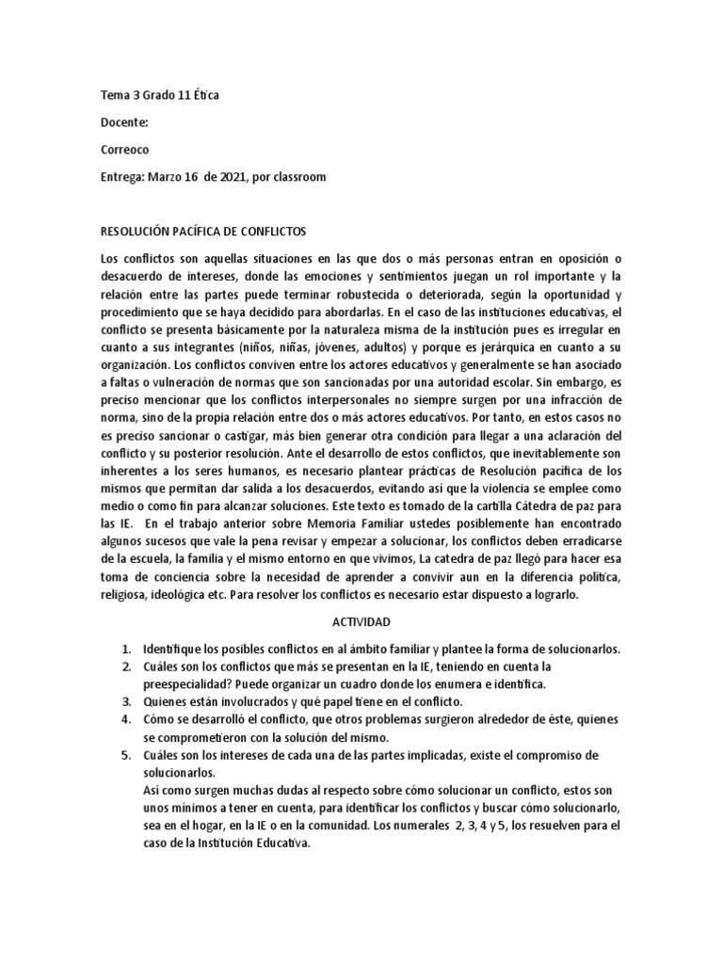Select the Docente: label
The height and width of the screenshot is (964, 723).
point(123,121)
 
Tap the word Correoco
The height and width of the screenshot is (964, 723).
point(124,149)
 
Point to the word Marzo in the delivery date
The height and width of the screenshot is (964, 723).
point(167,176)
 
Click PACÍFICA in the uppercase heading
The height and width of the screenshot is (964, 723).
point(201,232)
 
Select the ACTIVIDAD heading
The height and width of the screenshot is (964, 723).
point(361,623)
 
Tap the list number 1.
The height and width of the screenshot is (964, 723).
point(125,651)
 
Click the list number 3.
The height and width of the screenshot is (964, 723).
point(125,701)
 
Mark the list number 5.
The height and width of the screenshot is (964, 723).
point(125,756)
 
